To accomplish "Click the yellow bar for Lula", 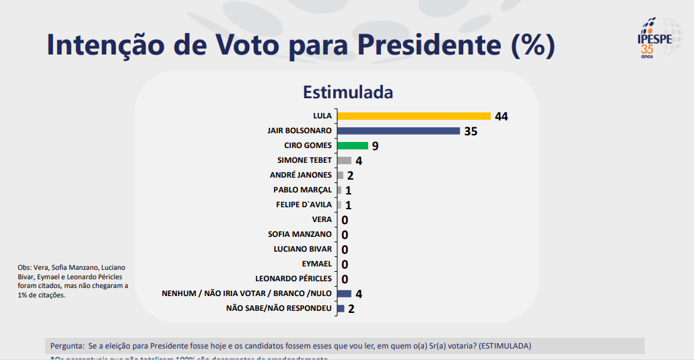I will [x=413, y=116].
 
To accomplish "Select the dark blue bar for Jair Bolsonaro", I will [x=398, y=131].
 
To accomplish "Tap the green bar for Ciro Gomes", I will [x=352, y=145].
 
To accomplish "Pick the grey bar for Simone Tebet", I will [x=344, y=160].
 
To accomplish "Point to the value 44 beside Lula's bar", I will [x=501, y=116].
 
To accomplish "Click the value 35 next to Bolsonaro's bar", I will [x=471, y=131].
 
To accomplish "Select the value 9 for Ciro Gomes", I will [x=375, y=146].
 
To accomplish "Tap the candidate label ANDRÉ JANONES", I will [x=300, y=175].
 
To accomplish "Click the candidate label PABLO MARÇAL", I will [x=302, y=190].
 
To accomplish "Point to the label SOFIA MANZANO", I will [x=300, y=234].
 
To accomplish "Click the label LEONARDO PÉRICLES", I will [x=293, y=279].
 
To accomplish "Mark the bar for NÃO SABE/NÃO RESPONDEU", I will [x=341, y=308].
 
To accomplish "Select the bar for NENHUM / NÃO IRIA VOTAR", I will [x=344, y=293].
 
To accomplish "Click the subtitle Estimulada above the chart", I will [x=347, y=92].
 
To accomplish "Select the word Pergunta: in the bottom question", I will [x=67, y=346].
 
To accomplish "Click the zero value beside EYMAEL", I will [x=345, y=264].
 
